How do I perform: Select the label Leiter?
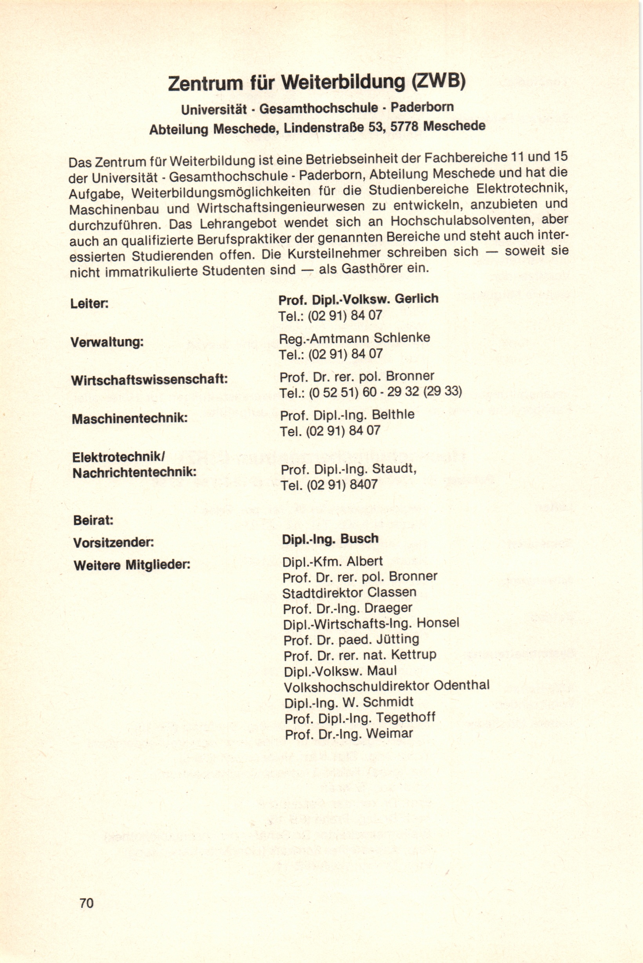click(89, 304)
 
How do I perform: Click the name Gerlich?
click(416, 299)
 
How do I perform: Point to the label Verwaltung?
click(107, 342)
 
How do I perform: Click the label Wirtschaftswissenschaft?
click(149, 380)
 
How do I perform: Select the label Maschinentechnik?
click(130, 419)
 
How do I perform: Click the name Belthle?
click(393, 415)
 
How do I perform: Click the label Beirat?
click(93, 521)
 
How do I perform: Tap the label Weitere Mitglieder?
click(132, 565)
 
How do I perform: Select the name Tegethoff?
click(405, 717)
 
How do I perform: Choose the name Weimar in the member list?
click(389, 733)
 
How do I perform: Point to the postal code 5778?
click(404, 126)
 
